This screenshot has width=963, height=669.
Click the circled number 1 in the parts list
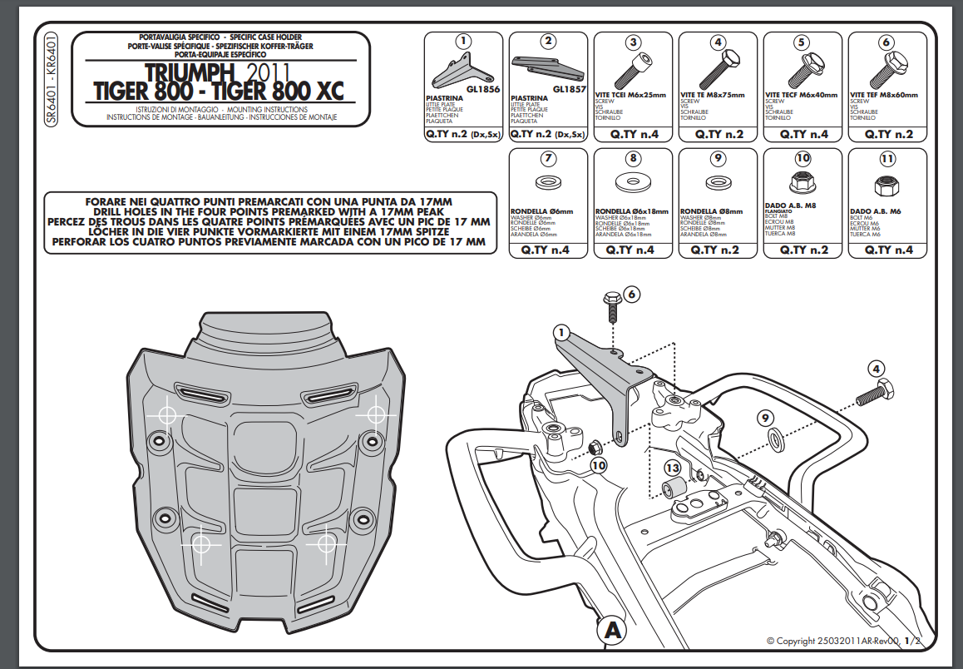tap(463, 42)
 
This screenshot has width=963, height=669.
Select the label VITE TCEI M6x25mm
tap(632, 96)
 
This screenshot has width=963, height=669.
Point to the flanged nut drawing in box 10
tap(802, 179)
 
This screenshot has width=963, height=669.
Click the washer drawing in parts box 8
tap(632, 181)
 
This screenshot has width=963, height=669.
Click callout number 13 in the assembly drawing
tap(672, 468)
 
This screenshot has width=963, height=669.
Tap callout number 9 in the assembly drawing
tap(765, 418)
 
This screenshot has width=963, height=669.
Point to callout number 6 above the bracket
tap(630, 294)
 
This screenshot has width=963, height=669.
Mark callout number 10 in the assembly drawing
tap(599, 465)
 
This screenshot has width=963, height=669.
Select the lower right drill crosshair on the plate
tap(326, 543)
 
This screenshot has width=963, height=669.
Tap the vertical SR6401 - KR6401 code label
tap(52, 80)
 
